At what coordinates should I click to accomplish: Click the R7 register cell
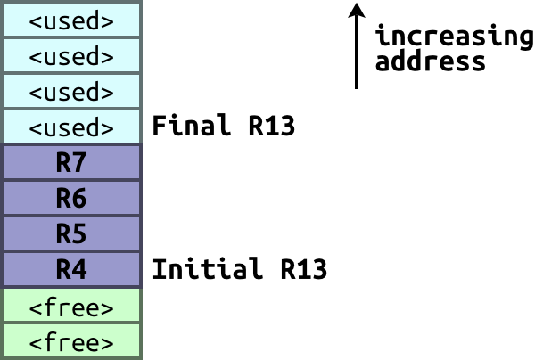coord(71,163)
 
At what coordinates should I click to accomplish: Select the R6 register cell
coord(71,199)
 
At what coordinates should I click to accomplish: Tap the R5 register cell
coord(71,234)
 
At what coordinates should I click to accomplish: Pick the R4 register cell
coord(71,269)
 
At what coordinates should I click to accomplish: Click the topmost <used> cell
coord(71,20)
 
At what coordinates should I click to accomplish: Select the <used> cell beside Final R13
coord(71,127)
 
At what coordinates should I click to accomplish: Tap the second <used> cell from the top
coord(71,56)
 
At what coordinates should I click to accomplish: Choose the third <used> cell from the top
coord(71,92)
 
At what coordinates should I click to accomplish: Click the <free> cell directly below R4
coord(71,307)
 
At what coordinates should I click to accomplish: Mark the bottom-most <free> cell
coord(71,342)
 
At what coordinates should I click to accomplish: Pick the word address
coord(431,62)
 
